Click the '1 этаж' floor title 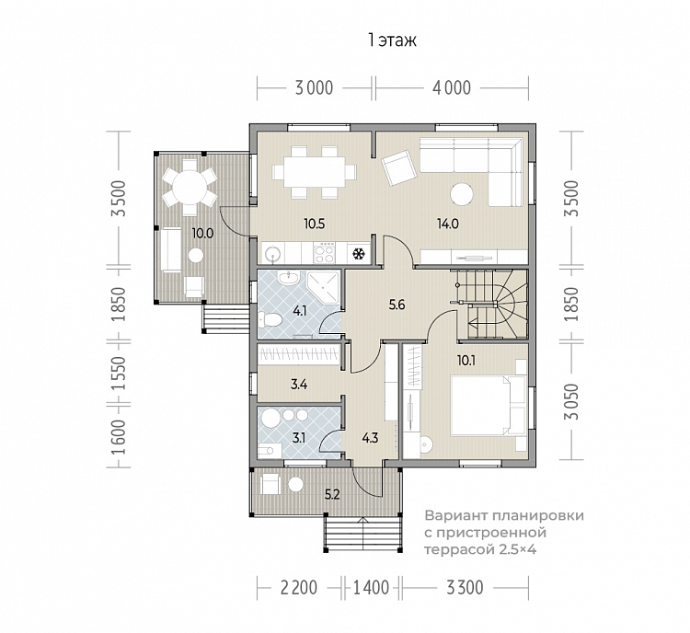pyautogui.click(x=392, y=40)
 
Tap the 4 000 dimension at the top pyautogui.click(x=452, y=88)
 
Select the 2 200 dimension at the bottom pyautogui.click(x=299, y=587)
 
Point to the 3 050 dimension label pyautogui.click(x=572, y=401)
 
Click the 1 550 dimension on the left pyautogui.click(x=118, y=373)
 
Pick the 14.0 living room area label pyautogui.click(x=448, y=224)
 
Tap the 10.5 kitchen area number pyautogui.click(x=315, y=224)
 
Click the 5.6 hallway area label pyautogui.click(x=397, y=305)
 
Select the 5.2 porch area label pyautogui.click(x=332, y=494)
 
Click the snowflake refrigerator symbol pyautogui.click(x=359, y=254)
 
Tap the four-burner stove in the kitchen pyautogui.click(x=325, y=253)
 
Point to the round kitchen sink pyautogui.click(x=271, y=254)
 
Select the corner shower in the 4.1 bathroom pyautogui.click(x=324, y=287)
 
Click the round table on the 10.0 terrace pyautogui.click(x=190, y=188)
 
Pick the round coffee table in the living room pyautogui.click(x=462, y=193)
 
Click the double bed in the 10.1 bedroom pyautogui.click(x=488, y=404)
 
